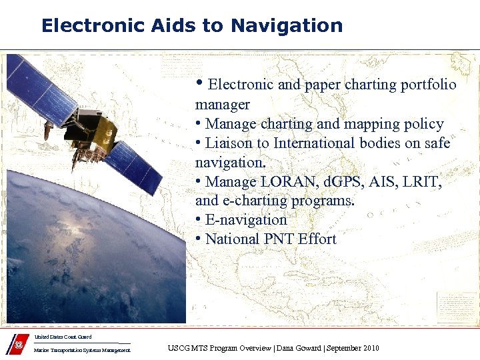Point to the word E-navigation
(246, 220)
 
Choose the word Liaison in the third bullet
(228, 143)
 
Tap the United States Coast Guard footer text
(63, 337)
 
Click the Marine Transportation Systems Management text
(82, 350)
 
